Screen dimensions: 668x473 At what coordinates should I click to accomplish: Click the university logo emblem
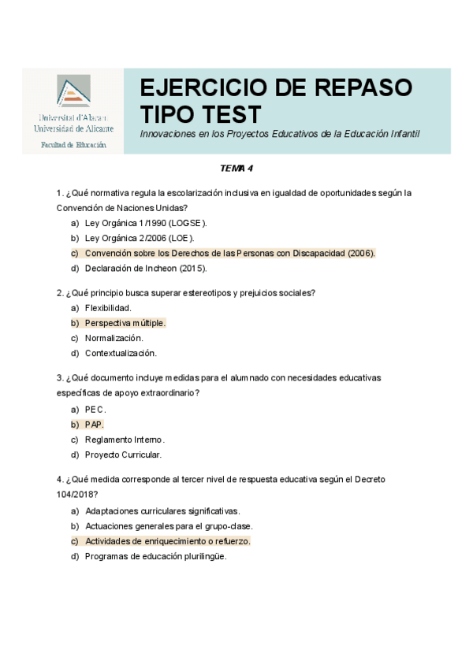point(73,94)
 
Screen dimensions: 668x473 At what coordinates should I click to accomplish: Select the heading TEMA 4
point(236,169)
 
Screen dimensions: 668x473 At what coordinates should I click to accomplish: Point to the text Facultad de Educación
point(73,145)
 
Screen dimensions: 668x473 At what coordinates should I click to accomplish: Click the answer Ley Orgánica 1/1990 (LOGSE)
point(146,223)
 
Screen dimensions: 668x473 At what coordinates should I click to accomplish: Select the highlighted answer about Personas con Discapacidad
point(229,253)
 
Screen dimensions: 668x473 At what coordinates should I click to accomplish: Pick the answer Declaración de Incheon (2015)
point(146,268)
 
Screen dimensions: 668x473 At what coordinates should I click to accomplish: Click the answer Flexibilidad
point(108,308)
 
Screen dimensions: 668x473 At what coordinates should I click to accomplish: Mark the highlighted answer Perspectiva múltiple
point(125,323)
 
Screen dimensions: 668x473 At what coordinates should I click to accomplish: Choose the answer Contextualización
point(121,353)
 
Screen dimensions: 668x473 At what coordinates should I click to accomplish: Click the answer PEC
point(95,410)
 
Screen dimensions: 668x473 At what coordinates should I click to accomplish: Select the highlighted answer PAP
point(94,425)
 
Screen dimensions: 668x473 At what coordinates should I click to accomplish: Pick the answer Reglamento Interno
point(125,440)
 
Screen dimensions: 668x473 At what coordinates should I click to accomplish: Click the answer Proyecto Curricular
point(123,455)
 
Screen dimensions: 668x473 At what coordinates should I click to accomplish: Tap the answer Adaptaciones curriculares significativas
point(162,510)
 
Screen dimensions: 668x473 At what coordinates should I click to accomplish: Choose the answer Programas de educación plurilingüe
point(155,556)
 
